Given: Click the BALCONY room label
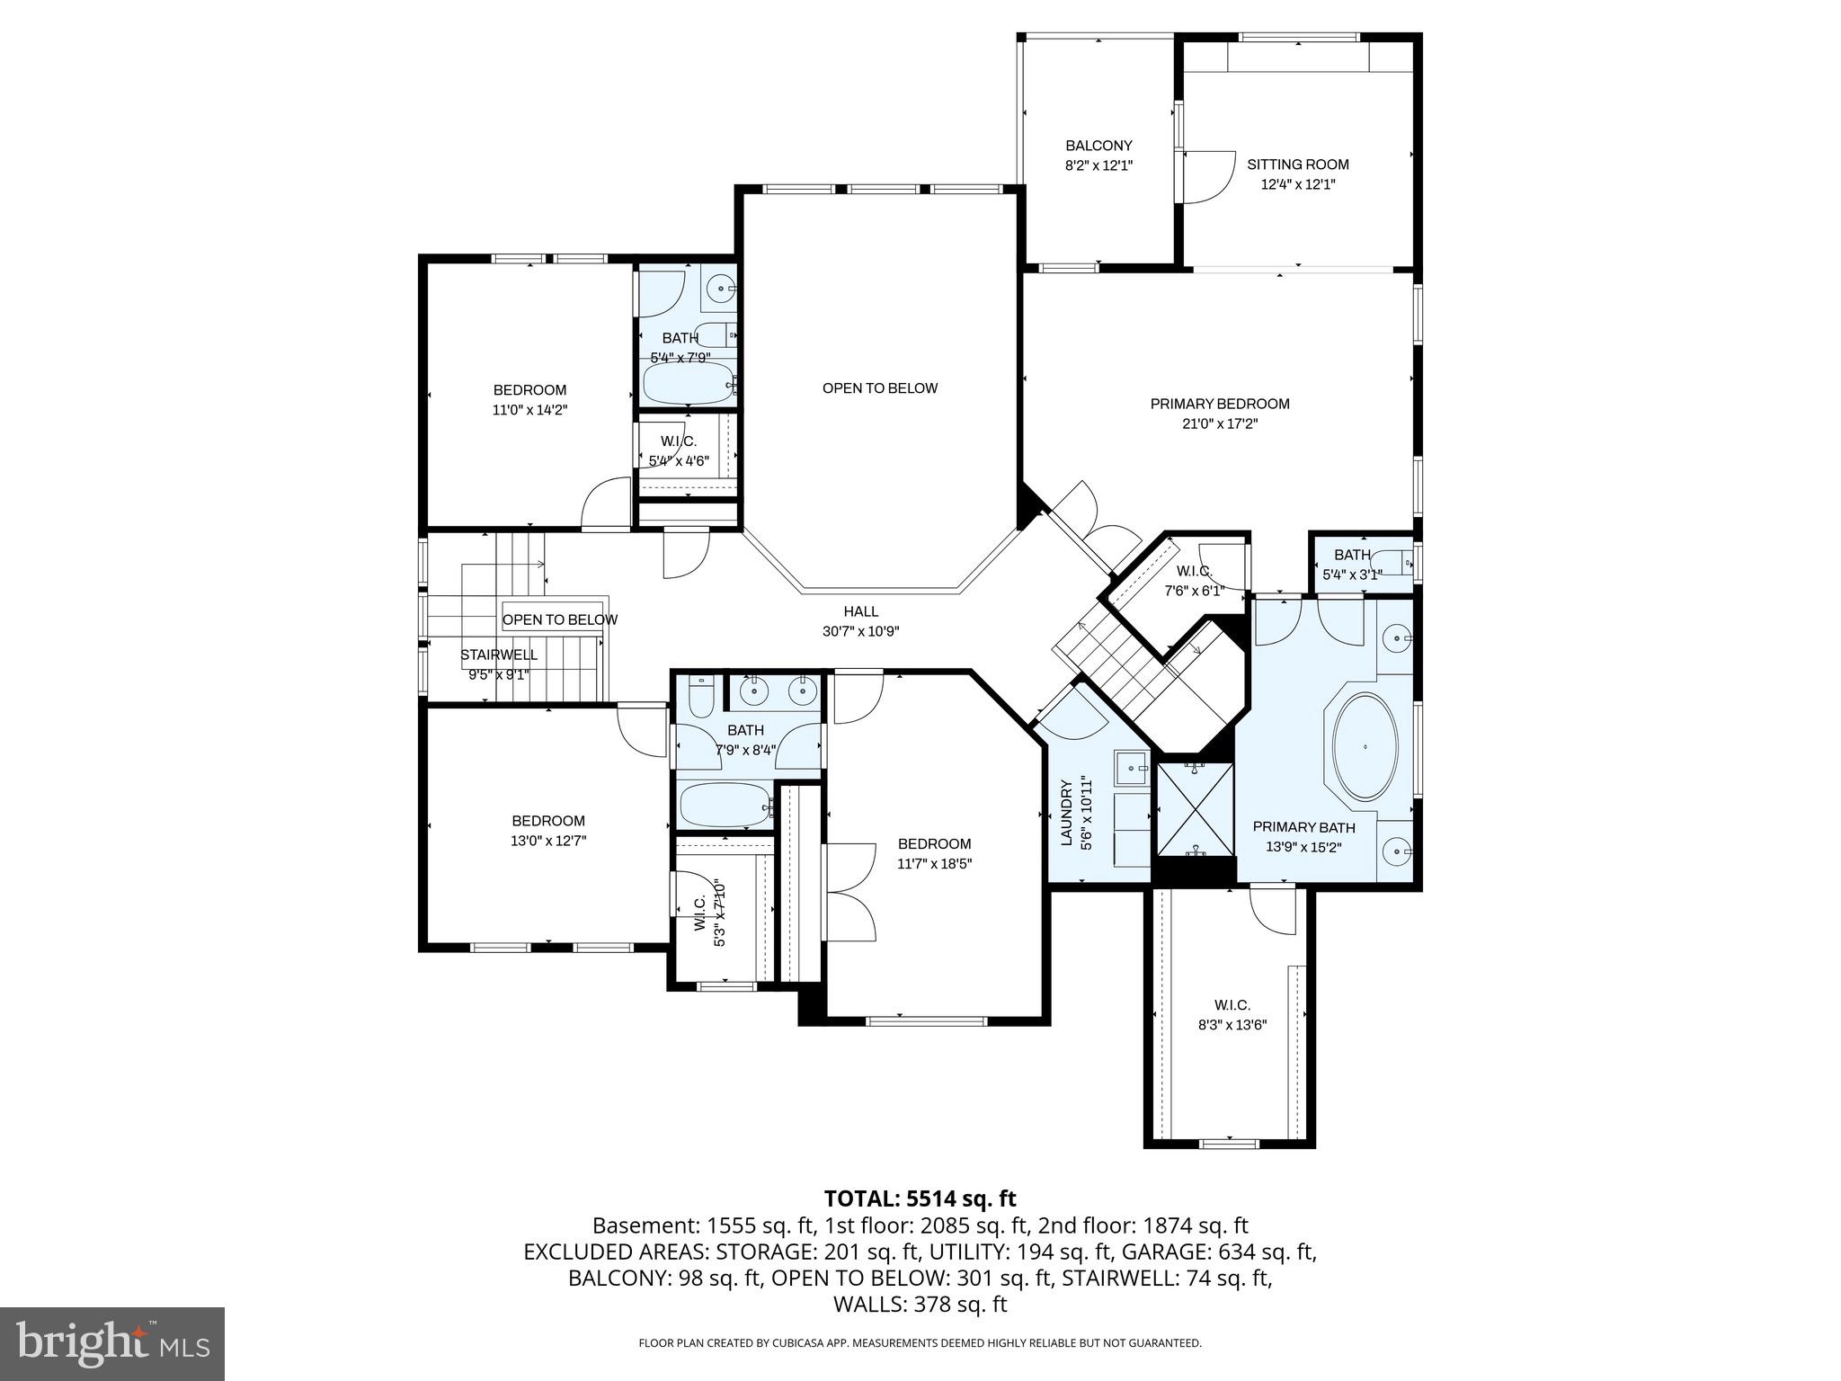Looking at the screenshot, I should tap(1098, 146).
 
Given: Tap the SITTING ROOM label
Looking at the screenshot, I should tap(1297, 165).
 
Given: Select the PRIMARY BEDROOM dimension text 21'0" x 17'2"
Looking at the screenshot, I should tap(1219, 423).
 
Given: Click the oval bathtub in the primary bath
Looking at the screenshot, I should tap(1365, 747).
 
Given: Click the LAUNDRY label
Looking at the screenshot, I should tap(1067, 812).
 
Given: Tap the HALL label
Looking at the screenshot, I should tap(860, 611).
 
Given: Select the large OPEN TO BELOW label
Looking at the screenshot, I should tap(879, 388).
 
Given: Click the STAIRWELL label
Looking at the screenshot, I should tap(499, 655).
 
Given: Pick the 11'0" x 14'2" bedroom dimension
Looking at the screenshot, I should tap(529, 410).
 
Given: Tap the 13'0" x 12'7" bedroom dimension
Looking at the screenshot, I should tap(548, 841).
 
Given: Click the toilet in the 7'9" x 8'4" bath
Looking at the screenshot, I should tap(699, 696).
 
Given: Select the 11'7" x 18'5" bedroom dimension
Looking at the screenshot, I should tap(934, 864).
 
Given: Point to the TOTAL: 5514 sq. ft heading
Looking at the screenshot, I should tap(920, 1198).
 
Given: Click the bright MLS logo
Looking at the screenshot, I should tap(112, 1344).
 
